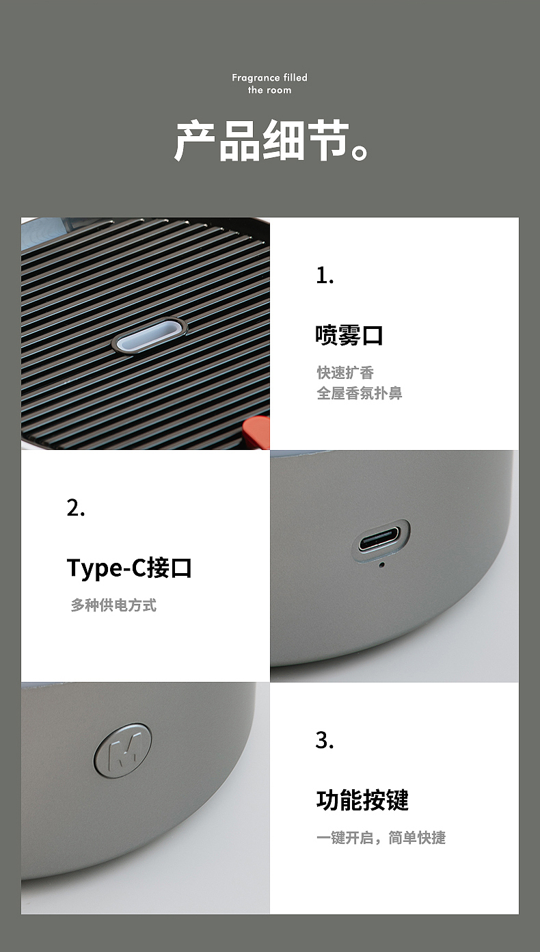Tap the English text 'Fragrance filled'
click(x=269, y=78)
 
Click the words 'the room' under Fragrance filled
click(x=269, y=90)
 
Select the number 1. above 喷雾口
click(x=325, y=276)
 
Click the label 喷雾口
click(x=349, y=335)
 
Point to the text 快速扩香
click(x=345, y=373)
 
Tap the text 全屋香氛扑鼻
click(x=360, y=393)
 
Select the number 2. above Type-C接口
click(x=76, y=508)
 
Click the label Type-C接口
click(x=129, y=568)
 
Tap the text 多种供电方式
click(x=113, y=605)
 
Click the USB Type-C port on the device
click(x=384, y=542)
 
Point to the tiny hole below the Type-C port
click(x=381, y=564)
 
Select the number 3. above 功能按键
click(x=325, y=741)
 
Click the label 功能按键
click(x=362, y=800)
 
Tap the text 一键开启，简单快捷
click(x=381, y=838)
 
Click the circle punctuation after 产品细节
click(x=360, y=151)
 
